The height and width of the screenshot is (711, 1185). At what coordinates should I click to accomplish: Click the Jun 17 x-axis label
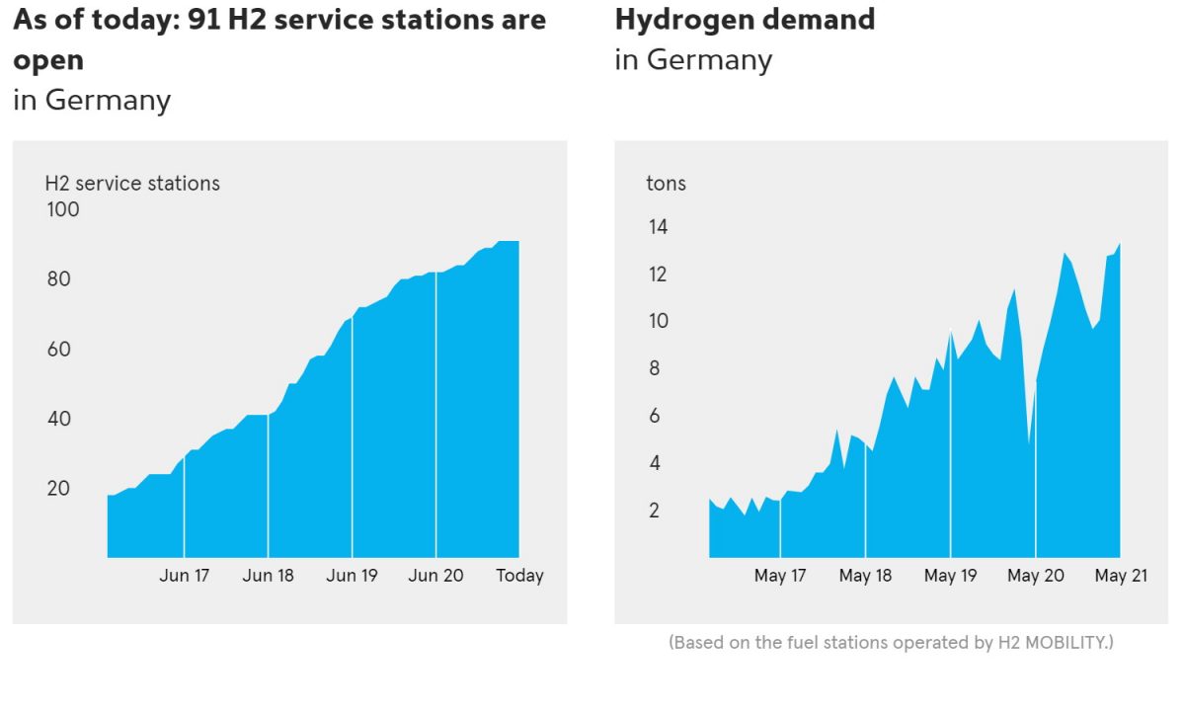185,576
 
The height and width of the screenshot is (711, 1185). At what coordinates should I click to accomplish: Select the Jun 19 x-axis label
353,576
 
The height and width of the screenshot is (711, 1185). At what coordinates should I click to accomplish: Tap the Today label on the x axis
519,576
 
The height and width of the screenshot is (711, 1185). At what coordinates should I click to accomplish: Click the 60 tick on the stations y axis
59,350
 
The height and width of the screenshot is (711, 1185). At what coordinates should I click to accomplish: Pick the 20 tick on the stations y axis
59,489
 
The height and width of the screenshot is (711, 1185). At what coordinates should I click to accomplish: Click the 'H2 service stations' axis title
132,184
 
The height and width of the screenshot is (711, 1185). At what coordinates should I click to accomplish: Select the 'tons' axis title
666,184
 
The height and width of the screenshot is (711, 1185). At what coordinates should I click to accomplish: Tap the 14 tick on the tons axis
658,227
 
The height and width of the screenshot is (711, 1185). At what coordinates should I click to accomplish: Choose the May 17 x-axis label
780,576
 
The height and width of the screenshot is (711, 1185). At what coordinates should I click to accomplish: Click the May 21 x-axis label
1120,576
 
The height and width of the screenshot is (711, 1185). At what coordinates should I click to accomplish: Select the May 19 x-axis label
950,576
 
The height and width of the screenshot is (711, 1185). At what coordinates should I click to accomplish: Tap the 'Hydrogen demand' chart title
745,20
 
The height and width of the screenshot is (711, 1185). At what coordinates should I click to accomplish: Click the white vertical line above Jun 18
269,484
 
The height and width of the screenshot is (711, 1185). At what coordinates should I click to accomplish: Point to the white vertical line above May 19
951,444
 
